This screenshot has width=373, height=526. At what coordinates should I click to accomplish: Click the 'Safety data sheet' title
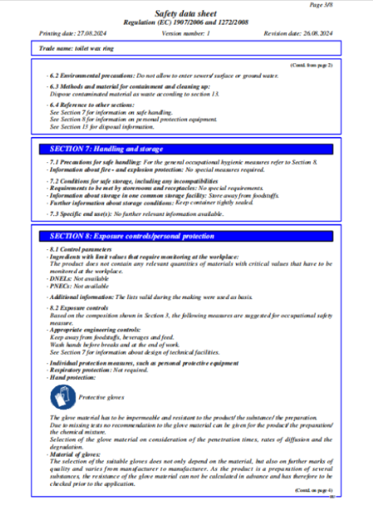186,14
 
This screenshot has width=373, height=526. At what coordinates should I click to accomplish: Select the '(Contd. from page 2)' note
311,66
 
